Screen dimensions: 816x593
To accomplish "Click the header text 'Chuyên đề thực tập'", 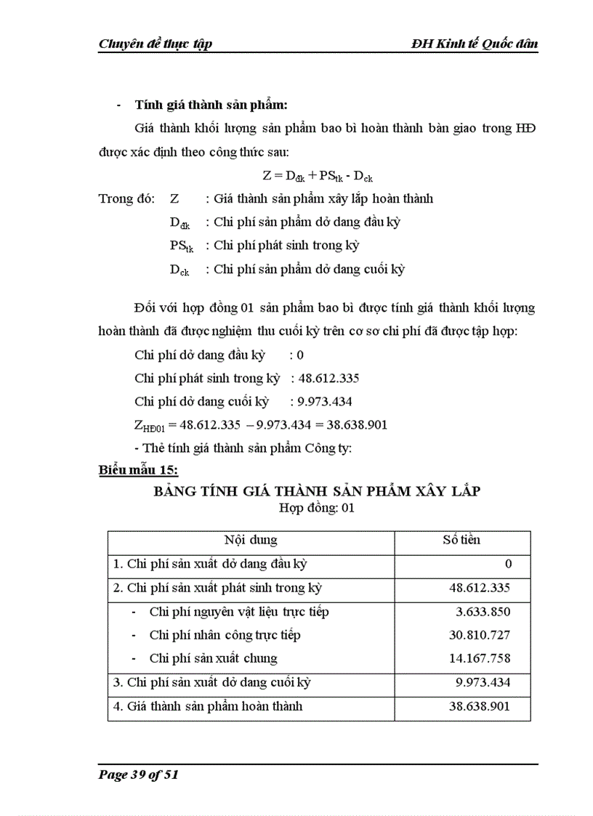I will tap(155, 44).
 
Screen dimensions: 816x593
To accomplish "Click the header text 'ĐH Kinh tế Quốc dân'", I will tap(474, 44).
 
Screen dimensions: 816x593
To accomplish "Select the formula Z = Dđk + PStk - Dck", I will tap(317, 175).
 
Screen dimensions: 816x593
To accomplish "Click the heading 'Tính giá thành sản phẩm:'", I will tap(217, 105).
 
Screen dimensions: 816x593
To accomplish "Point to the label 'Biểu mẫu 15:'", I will tap(138, 470).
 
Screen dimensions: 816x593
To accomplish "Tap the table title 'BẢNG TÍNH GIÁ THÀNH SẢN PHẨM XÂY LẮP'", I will tap(316, 491).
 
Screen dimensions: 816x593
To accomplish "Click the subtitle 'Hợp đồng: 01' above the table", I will tap(316, 509).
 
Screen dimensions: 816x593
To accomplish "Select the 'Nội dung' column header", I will tap(251, 541).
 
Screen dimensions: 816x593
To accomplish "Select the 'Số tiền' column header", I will tap(461, 541).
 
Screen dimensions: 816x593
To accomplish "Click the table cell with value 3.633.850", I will tap(482, 612).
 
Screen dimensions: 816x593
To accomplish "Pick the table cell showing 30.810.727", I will tap(480, 635).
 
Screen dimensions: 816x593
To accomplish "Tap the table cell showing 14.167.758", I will tap(480, 658).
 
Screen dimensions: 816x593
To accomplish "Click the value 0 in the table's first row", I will tap(508, 564).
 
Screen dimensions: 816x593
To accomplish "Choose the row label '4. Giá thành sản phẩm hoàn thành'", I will tap(208, 706).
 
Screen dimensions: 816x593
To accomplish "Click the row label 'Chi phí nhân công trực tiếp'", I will tap(225, 635).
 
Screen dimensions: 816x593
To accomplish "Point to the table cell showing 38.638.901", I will tap(480, 706).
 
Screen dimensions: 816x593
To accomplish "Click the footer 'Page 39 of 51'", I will tap(138, 775).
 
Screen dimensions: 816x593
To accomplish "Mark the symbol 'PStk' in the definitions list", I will tap(181, 246).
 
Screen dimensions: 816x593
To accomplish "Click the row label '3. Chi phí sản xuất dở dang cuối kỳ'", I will tap(212, 682).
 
